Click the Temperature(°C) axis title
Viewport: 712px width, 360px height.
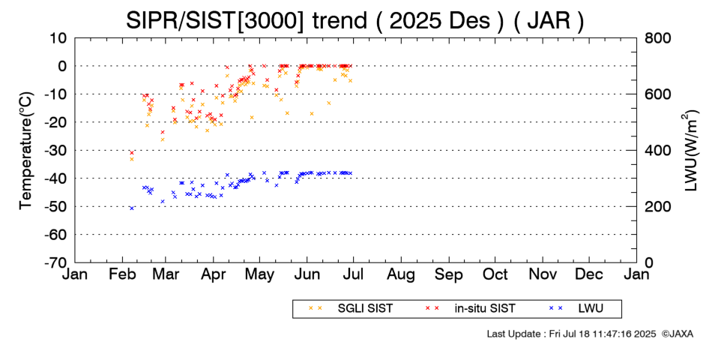pos(25,150)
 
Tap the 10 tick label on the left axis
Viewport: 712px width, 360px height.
pos(59,37)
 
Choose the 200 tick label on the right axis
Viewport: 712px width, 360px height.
pos(655,206)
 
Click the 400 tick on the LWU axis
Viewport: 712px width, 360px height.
pos(655,150)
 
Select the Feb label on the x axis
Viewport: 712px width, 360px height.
pos(122,274)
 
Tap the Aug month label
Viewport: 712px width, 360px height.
pos(401,274)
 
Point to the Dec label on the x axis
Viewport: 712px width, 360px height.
pos(589,274)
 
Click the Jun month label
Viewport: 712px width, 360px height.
pos(307,274)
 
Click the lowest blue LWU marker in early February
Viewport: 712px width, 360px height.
pos(132,208)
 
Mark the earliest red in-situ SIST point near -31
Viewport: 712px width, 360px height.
pos(132,153)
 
